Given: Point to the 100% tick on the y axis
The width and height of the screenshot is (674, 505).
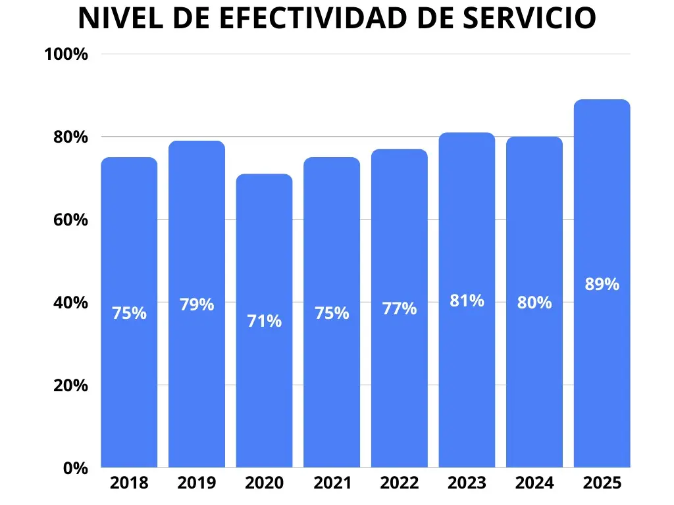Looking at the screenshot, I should tap(66, 54).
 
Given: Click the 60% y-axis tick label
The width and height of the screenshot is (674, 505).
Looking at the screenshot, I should tap(69, 220).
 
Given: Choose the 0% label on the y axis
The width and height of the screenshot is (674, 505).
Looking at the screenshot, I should tap(74, 468).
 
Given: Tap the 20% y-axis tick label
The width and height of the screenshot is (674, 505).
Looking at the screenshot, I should tap(69, 385).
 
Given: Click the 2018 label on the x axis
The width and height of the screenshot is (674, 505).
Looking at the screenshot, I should tap(129, 483).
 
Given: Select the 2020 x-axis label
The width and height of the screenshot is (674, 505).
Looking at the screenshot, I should tap(264, 483).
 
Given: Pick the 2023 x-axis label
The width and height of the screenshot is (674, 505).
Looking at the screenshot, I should tap(467, 483).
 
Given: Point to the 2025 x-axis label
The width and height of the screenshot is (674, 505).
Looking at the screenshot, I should tap(602, 483).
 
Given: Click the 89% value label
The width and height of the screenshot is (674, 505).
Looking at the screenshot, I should tap(602, 284).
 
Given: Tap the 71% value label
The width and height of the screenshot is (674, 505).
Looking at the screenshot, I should tap(264, 322).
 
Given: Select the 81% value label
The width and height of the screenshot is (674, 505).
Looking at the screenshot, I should tap(467, 301).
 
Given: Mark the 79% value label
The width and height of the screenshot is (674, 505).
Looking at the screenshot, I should tap(197, 304).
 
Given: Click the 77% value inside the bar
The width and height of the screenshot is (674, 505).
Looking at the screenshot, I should tap(399, 308).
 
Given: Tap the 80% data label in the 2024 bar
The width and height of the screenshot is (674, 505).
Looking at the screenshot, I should tap(534, 302).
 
